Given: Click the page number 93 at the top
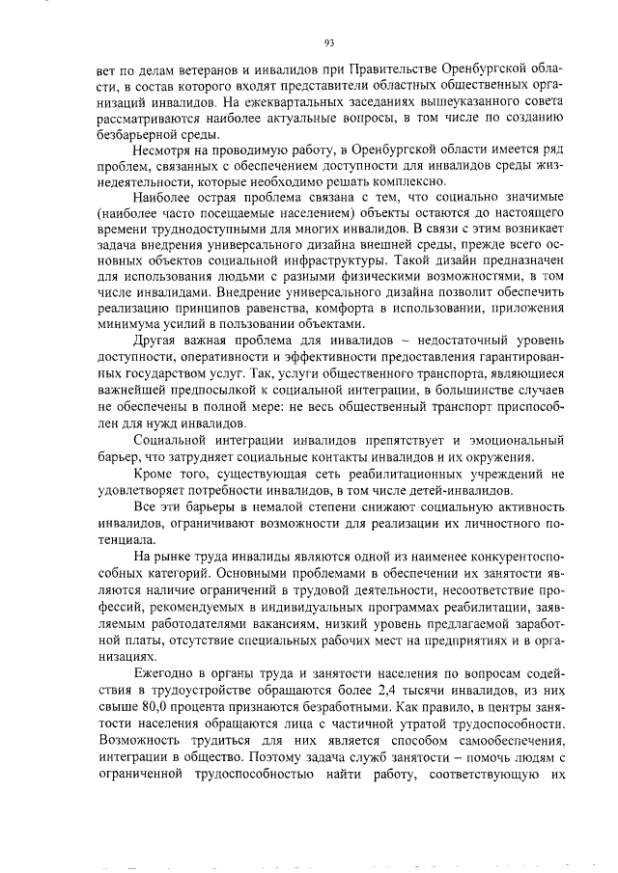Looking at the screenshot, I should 329,41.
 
